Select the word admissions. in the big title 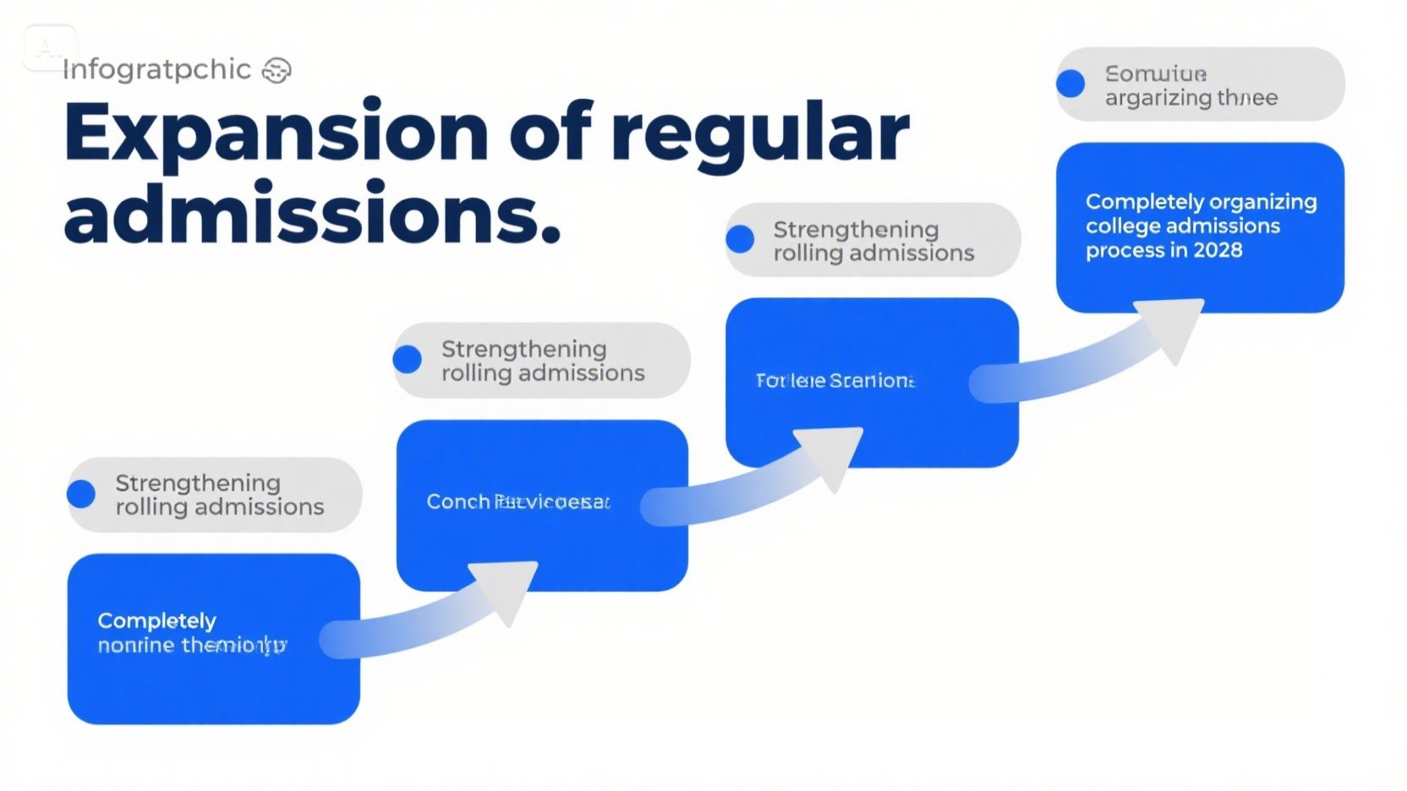(312, 213)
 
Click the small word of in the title (550, 132)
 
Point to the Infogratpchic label (156, 69)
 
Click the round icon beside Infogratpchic (276, 71)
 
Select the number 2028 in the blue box (1218, 250)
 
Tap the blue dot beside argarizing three (1070, 84)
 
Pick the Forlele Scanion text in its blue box (835, 381)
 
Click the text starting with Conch (517, 502)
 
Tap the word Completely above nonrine (157, 621)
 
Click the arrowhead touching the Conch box (506, 588)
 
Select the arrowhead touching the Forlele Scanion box (834, 455)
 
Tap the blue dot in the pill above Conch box (408, 359)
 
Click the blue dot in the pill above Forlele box (740, 239)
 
